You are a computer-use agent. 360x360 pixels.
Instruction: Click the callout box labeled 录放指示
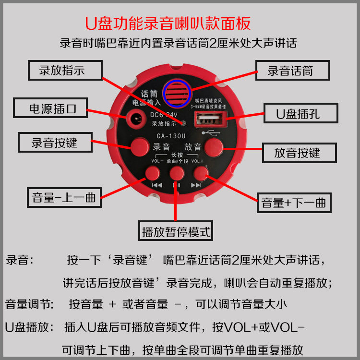(x=65, y=70)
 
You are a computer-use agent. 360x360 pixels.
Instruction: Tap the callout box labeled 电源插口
(x=50, y=108)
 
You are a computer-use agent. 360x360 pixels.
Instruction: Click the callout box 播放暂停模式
(x=176, y=232)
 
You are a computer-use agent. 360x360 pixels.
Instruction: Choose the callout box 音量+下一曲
(x=294, y=203)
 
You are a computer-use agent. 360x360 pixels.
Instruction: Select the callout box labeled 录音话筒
(x=292, y=71)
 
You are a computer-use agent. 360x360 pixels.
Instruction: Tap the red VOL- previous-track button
(x=153, y=173)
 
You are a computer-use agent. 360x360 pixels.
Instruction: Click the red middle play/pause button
(x=177, y=173)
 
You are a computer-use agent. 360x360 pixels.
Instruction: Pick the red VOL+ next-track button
(x=200, y=173)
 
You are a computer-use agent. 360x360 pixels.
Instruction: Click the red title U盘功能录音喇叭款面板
(x=168, y=23)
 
